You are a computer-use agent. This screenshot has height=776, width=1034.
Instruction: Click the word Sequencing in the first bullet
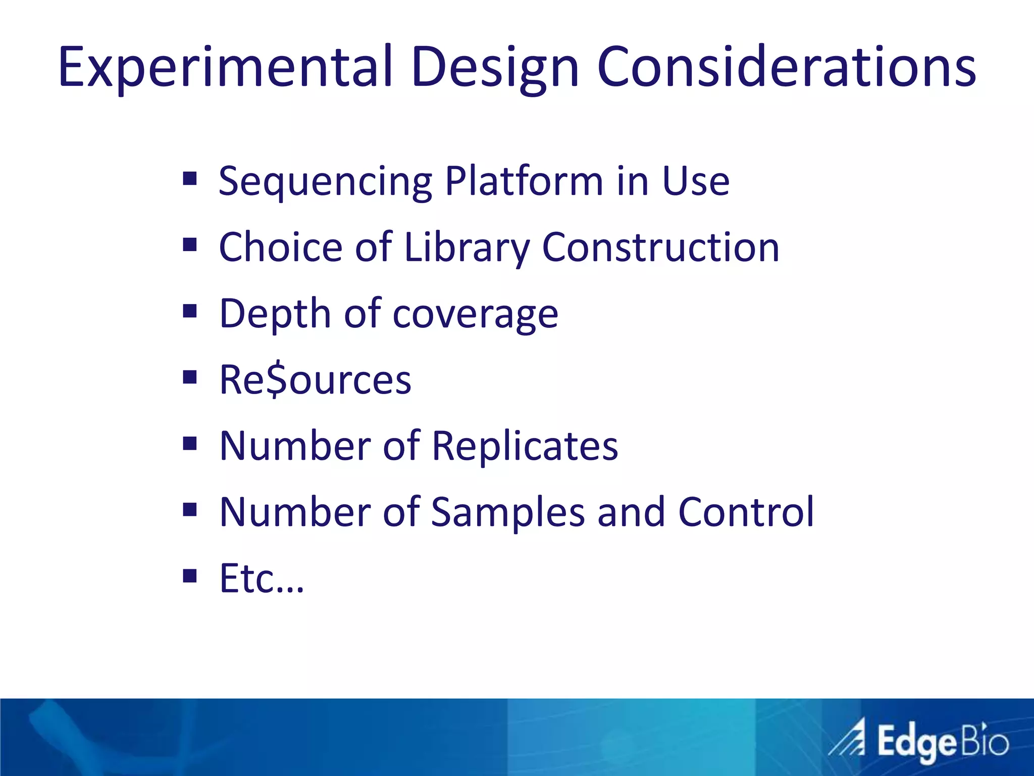(325, 182)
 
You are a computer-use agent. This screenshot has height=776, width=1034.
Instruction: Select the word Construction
(660, 248)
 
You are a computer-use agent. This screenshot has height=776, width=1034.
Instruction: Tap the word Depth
(275, 314)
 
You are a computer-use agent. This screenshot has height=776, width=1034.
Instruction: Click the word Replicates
(525, 447)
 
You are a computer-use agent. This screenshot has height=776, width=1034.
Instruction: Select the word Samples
(507, 513)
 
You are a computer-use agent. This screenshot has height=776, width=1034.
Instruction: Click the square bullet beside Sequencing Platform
(190, 179)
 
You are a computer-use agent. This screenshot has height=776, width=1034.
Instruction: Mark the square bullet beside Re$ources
(190, 377)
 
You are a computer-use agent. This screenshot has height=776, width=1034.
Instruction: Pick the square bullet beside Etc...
(190, 576)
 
